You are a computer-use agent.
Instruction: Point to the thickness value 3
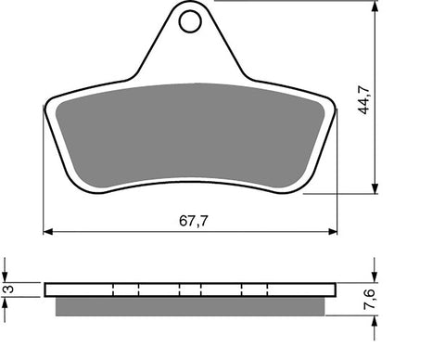[7, 290]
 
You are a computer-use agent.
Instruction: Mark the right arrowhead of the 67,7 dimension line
[333, 230]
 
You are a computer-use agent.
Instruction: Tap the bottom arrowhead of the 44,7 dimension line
[375, 189]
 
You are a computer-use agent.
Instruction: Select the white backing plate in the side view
[190, 289]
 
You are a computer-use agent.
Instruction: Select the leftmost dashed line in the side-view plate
[112, 289]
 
